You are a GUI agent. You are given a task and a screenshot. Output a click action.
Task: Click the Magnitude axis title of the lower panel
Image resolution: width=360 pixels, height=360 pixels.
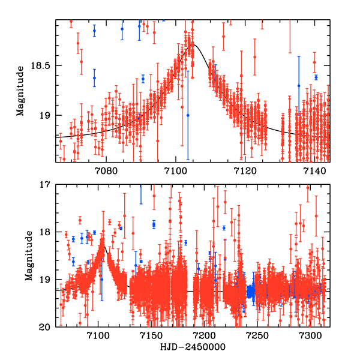tap(29, 256)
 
